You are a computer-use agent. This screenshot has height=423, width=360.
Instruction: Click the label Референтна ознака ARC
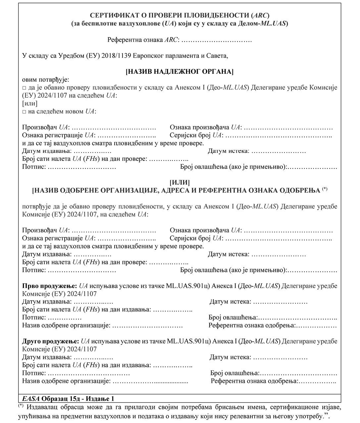[143, 40]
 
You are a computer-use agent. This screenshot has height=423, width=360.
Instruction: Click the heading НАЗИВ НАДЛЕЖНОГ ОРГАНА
[180, 71]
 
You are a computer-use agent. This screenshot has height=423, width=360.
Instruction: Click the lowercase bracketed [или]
[30, 104]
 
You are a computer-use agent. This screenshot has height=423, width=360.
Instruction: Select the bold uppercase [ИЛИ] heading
[180, 182]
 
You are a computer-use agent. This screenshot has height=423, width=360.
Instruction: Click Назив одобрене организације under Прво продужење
[66, 325]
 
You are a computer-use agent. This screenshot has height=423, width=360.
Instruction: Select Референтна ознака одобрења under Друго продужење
[254, 381]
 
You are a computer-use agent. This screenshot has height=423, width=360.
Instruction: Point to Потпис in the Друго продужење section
[34, 373]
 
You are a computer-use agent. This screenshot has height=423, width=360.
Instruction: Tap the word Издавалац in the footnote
[43, 407]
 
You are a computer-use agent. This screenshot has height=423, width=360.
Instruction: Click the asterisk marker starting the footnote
[21, 405]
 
